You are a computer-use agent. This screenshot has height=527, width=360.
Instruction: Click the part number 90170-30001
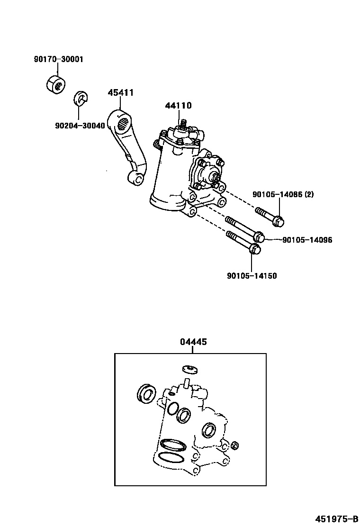[58, 59]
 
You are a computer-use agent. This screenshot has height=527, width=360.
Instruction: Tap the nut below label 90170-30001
[56, 85]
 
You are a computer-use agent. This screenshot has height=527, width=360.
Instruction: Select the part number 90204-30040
[80, 126]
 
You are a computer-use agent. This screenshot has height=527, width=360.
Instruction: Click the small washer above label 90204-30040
[80, 98]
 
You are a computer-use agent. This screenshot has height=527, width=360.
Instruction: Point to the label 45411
[121, 92]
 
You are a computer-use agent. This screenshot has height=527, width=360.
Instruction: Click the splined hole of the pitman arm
[123, 123]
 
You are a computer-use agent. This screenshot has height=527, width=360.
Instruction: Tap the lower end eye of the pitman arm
[135, 179]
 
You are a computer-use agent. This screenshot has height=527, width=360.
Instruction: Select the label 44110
[178, 106]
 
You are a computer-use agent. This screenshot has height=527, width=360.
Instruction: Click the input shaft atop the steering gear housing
[183, 124]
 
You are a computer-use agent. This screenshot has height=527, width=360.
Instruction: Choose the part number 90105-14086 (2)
[283, 194]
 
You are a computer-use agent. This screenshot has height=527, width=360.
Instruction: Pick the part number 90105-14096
[307, 240]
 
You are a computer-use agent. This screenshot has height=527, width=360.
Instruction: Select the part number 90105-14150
[252, 276]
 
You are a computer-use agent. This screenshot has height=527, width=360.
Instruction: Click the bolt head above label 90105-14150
[255, 249]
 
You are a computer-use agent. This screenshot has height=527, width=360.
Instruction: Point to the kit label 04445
[193, 342]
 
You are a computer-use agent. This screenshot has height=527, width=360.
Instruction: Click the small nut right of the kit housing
[235, 445]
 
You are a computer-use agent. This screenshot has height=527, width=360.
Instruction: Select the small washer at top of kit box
[190, 369]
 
